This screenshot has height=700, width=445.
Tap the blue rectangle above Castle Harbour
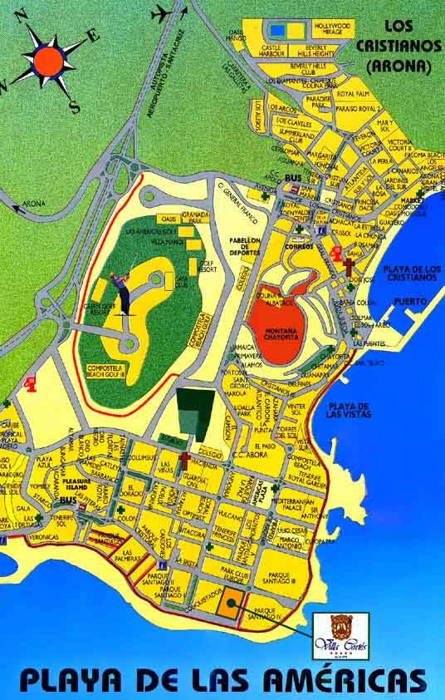pos(277,32)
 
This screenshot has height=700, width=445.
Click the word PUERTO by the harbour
pos(410,301)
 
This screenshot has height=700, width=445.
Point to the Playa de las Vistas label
pos(349,409)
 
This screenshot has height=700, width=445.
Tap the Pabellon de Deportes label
pos(245,245)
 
